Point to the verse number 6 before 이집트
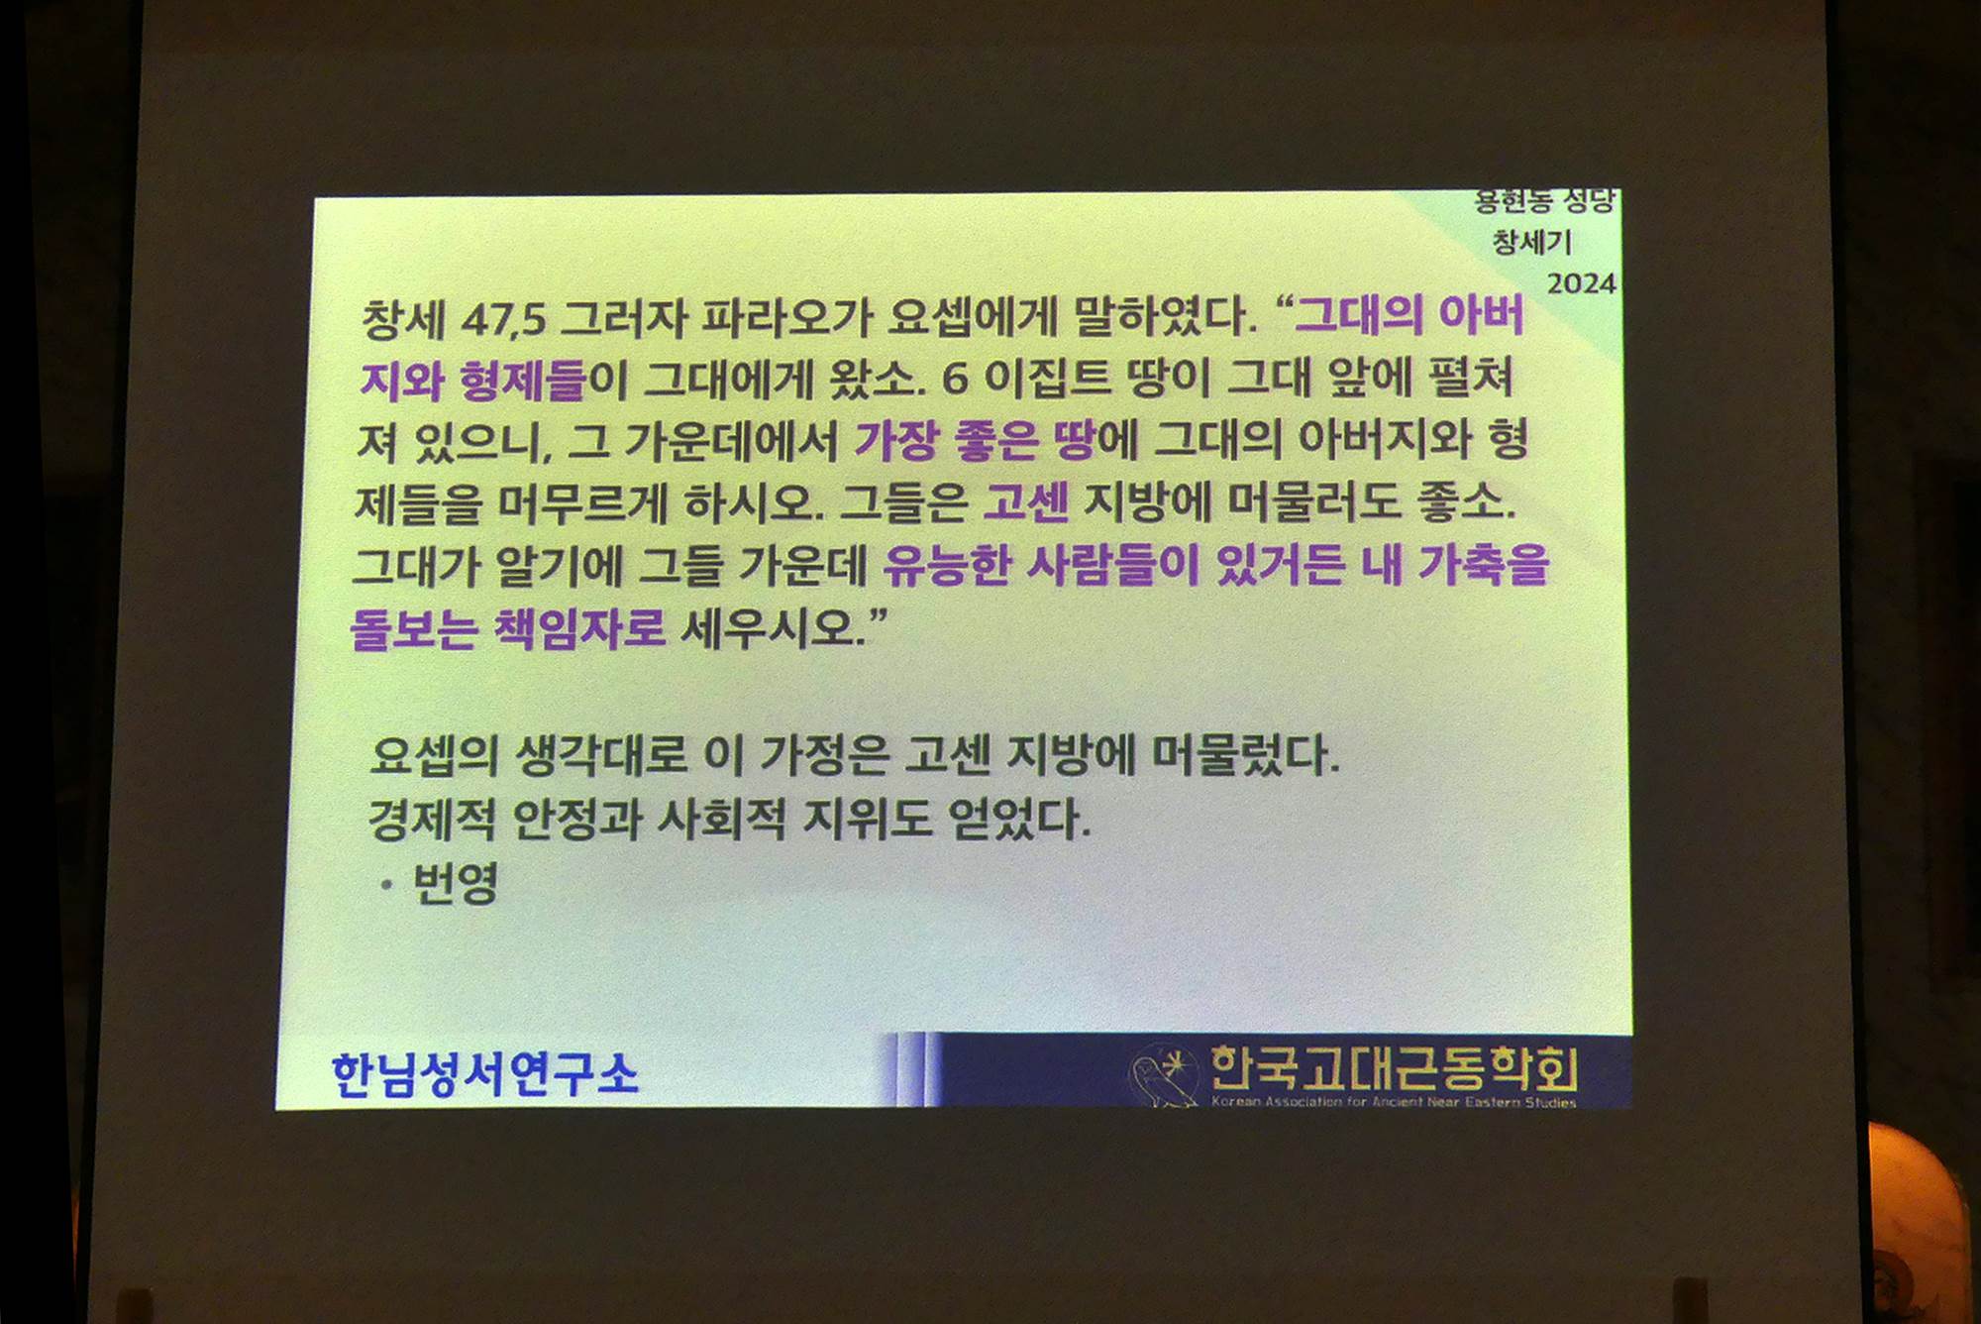point(954,380)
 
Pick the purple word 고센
point(1025,502)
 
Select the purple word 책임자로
point(578,628)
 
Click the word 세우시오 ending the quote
point(769,628)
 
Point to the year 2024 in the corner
point(1581,283)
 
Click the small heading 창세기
point(1532,242)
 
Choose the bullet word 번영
point(455,882)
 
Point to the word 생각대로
point(601,756)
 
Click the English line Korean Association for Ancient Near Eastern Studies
point(1394,1101)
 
